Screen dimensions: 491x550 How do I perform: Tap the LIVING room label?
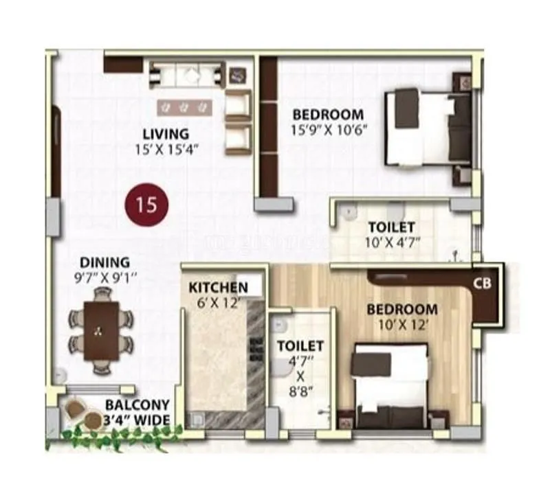(x=166, y=133)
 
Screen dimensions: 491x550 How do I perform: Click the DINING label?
(x=104, y=262)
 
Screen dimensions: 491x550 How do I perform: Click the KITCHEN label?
(x=218, y=286)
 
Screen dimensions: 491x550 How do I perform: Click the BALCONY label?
(x=137, y=406)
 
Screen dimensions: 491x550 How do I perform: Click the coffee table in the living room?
(x=184, y=106)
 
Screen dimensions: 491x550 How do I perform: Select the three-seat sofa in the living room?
(x=188, y=74)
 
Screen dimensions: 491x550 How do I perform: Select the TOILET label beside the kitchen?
(x=300, y=345)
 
